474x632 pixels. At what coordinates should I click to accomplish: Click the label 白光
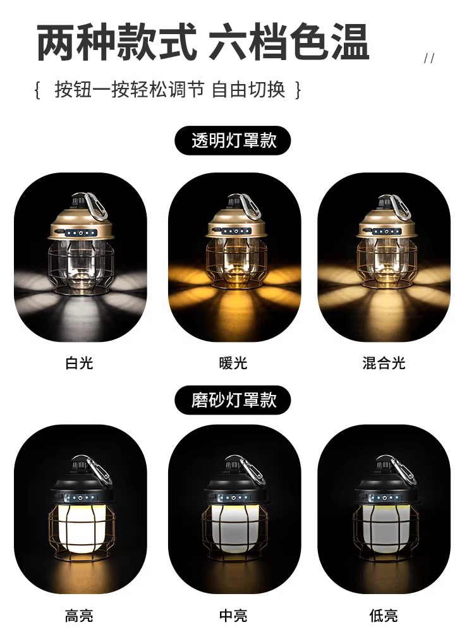click(80, 363)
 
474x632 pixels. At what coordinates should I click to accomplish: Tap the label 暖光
click(233, 363)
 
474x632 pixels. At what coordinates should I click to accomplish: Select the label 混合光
click(384, 363)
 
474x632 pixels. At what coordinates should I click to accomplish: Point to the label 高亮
click(80, 616)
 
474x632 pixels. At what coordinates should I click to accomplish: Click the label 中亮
click(233, 616)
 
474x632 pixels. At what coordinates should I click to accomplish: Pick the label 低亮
click(384, 616)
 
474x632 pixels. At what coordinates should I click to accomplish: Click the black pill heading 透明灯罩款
click(233, 141)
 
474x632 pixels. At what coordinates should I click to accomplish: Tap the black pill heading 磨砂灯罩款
click(233, 400)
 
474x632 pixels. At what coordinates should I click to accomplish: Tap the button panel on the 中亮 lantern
click(233, 498)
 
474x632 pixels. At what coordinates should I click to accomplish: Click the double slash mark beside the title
click(429, 58)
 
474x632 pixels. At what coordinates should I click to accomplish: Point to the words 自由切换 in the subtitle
click(248, 89)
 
